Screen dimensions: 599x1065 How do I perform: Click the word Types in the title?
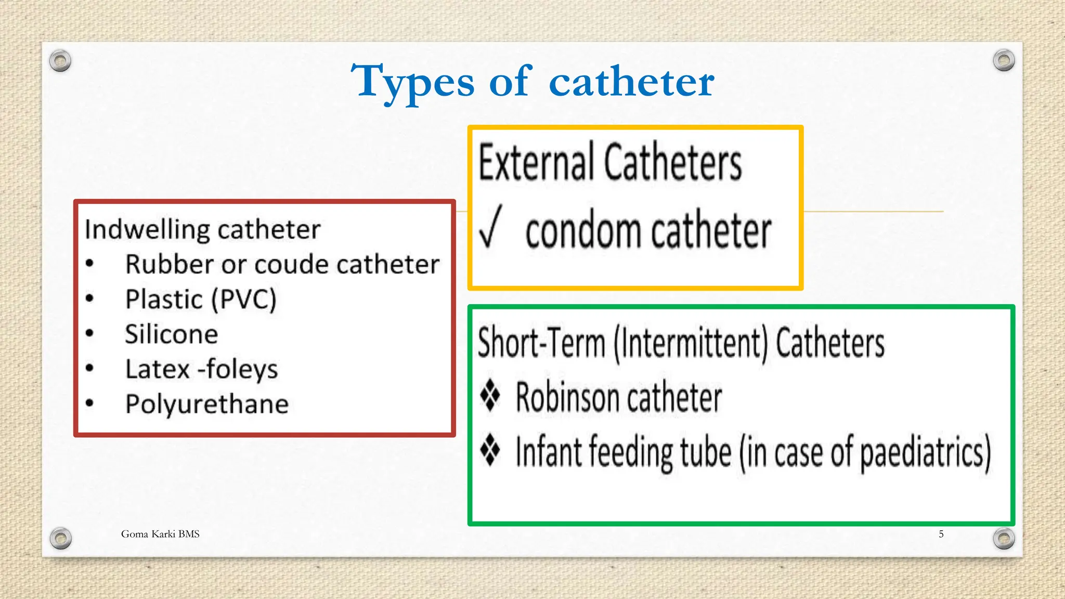pyautogui.click(x=412, y=82)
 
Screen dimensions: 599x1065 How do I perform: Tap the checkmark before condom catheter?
pyautogui.click(x=490, y=227)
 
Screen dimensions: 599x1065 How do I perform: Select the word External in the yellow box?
pyautogui.click(x=536, y=162)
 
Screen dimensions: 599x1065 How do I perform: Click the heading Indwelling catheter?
pyautogui.click(x=202, y=229)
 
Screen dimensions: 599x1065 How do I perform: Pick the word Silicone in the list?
pyautogui.click(x=172, y=334)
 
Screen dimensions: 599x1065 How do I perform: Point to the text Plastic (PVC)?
pyautogui.click(x=201, y=299)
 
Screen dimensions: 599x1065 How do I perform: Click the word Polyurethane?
pyautogui.click(x=207, y=404)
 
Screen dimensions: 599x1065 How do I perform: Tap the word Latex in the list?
pyautogui.click(x=158, y=369)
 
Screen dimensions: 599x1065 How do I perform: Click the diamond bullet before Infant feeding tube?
pyautogui.click(x=490, y=450)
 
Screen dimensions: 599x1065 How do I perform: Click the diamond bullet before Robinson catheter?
pyautogui.click(x=490, y=396)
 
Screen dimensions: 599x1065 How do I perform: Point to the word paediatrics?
pyautogui.click(x=925, y=452)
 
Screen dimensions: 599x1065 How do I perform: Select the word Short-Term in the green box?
pyautogui.click(x=541, y=343)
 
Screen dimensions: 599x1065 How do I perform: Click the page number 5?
pyautogui.click(x=941, y=534)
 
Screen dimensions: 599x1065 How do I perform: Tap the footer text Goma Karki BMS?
pyautogui.click(x=160, y=534)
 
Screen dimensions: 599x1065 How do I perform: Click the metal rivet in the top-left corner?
pyautogui.click(x=60, y=61)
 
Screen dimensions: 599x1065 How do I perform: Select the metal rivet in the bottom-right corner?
pyautogui.click(x=1004, y=538)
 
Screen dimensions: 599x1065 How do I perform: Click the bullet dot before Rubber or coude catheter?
pyautogui.click(x=90, y=264)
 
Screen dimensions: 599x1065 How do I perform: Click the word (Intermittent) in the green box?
pyautogui.click(x=691, y=343)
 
